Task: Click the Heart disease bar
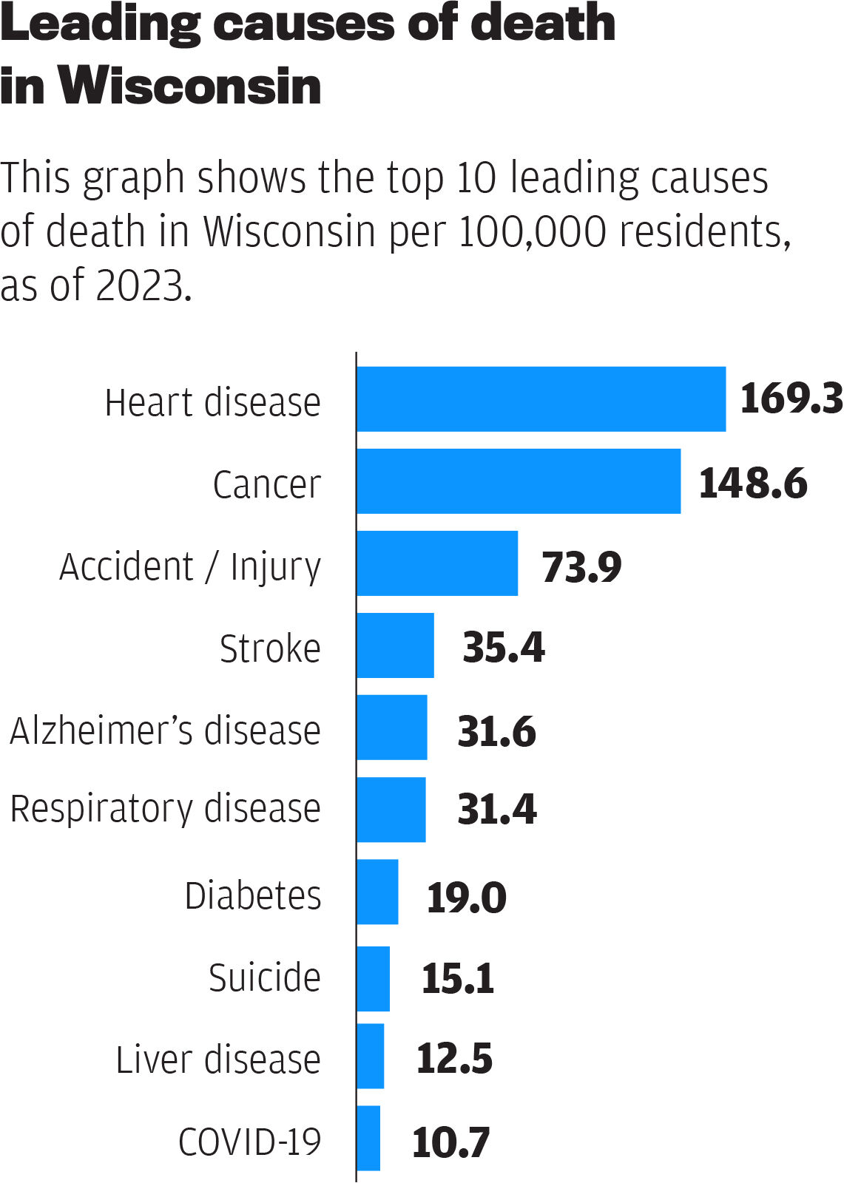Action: click(x=541, y=399)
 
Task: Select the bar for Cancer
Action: click(x=518, y=481)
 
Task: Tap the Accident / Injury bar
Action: click(x=437, y=563)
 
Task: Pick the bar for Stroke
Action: click(x=395, y=645)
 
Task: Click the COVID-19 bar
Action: click(x=368, y=1139)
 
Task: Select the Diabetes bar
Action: click(x=377, y=892)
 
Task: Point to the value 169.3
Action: click(x=791, y=399)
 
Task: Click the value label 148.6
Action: click(x=752, y=484)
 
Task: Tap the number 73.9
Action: click(x=581, y=567)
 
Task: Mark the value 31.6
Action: click(x=496, y=731)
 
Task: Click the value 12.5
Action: click(x=454, y=1058)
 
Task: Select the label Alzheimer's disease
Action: click(x=165, y=731)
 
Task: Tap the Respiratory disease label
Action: click(x=165, y=808)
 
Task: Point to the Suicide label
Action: click(x=264, y=977)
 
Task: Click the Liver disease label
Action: click(x=218, y=1060)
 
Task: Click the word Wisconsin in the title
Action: click(x=189, y=87)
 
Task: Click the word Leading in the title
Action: click(x=100, y=24)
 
